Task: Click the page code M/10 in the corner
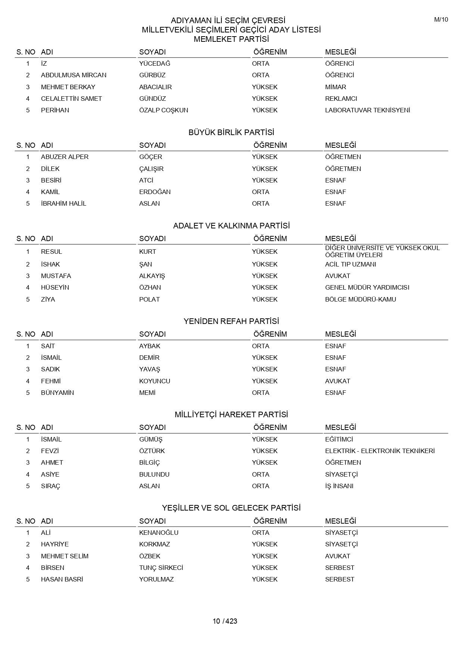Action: (441, 20)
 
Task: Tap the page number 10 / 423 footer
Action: (225, 621)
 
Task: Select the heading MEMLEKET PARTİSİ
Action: (231, 39)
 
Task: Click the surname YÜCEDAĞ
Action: (155, 63)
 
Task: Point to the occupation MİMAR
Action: (335, 87)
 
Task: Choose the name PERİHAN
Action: (55, 110)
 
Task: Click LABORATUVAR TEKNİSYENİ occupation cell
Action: (367, 110)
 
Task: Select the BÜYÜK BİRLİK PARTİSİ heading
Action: (231, 132)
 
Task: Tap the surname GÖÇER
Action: (150, 157)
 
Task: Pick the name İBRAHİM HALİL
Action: (63, 203)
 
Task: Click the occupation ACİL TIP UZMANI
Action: (350, 264)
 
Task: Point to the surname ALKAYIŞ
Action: (152, 276)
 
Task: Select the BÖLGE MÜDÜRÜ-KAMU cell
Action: (360, 299)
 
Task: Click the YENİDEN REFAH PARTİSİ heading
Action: (231, 321)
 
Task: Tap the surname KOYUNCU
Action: (155, 381)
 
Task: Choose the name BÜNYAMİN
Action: (58, 393)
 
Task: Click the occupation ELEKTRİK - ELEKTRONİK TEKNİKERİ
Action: (380, 451)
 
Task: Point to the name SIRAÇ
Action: (50, 486)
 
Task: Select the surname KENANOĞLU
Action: (159, 533)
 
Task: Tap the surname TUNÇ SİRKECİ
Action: (161, 568)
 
